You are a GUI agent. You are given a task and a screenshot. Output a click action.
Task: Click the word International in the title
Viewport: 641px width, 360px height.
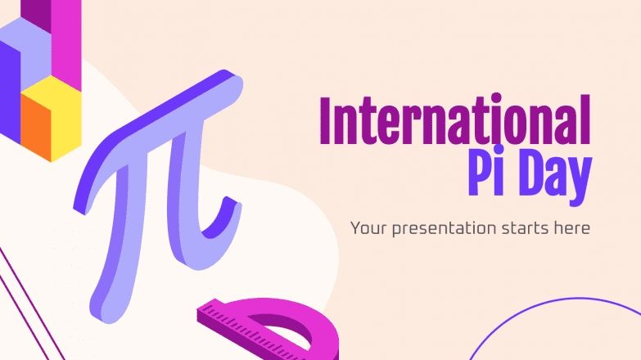[x=454, y=121]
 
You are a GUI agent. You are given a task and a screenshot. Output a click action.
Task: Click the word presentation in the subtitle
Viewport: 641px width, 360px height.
[x=440, y=227]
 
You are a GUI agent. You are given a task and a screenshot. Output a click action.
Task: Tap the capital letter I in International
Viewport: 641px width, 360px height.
[x=326, y=121]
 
